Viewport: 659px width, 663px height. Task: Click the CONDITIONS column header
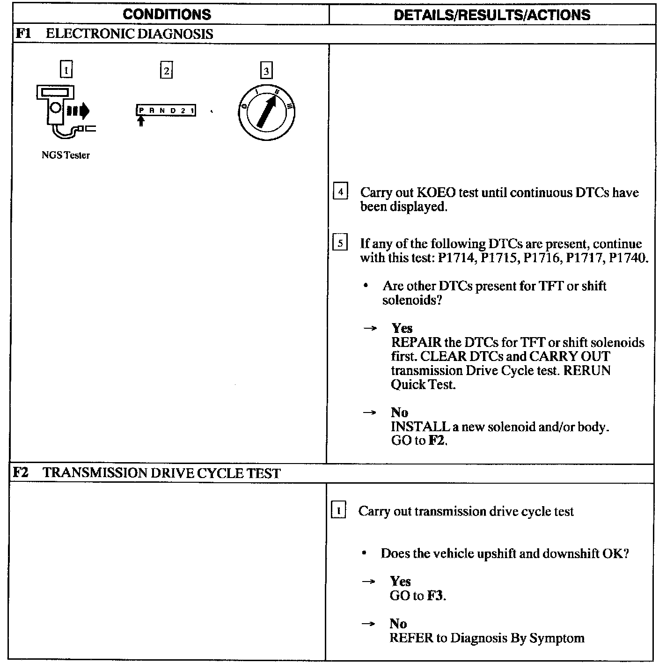pyautogui.click(x=167, y=15)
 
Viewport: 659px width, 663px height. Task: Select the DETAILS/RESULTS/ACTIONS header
pyautogui.click(x=492, y=15)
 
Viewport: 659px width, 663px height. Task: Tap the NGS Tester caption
pyautogui.click(x=66, y=155)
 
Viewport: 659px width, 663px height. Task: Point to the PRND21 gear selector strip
pyautogui.click(x=166, y=110)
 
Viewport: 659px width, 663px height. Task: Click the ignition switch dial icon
pyautogui.click(x=266, y=112)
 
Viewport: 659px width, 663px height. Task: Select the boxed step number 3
pyautogui.click(x=266, y=71)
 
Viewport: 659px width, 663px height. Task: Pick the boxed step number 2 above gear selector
pyautogui.click(x=166, y=71)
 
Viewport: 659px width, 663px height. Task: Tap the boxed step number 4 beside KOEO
pyautogui.click(x=340, y=192)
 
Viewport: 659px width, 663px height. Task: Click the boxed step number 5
pyautogui.click(x=340, y=243)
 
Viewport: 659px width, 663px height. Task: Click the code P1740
pyautogui.click(x=628, y=258)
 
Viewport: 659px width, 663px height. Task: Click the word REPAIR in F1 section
pyautogui.click(x=416, y=343)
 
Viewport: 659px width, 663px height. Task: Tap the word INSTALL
pyautogui.click(x=420, y=427)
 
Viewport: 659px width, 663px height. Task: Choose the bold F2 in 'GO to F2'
pyautogui.click(x=436, y=441)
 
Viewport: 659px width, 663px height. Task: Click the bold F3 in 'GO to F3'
pyautogui.click(x=435, y=596)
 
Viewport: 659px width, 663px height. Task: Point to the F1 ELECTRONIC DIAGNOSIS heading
pyautogui.click(x=115, y=34)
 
